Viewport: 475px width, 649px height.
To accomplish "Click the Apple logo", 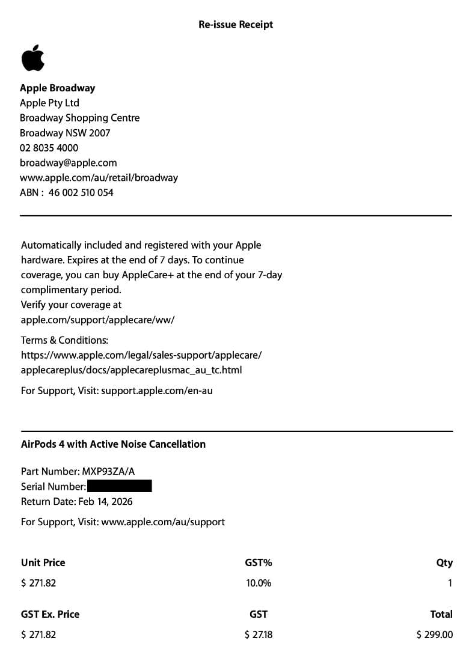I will tap(32, 58).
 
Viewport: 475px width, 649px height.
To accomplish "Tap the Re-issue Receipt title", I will tap(236, 25).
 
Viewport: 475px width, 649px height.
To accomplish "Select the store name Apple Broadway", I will tap(57, 88).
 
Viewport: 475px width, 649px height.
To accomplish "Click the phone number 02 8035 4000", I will tap(49, 148).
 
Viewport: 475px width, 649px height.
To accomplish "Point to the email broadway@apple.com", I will tap(68, 163).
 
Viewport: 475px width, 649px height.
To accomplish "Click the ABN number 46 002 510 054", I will tap(81, 193).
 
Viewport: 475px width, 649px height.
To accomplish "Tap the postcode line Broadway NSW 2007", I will tap(65, 133).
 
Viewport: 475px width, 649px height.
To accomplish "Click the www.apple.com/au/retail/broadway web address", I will tap(99, 178).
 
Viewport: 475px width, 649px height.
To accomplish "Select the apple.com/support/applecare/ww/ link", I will tap(97, 320).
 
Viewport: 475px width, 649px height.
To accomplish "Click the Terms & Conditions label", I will tap(64, 340).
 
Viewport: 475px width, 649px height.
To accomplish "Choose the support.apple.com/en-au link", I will tap(156, 391).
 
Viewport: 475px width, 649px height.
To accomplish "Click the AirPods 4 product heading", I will tap(113, 444).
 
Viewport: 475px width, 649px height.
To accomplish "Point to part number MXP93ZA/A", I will tap(109, 471).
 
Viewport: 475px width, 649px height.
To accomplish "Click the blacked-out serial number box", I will tap(119, 486).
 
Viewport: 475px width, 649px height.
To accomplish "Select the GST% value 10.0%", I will tap(259, 583).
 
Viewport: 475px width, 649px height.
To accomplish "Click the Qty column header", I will tap(444, 563).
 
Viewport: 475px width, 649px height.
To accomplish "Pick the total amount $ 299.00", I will tap(434, 635).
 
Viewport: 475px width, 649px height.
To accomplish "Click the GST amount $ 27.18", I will tap(259, 635).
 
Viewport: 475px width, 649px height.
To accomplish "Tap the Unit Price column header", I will tap(43, 563).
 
